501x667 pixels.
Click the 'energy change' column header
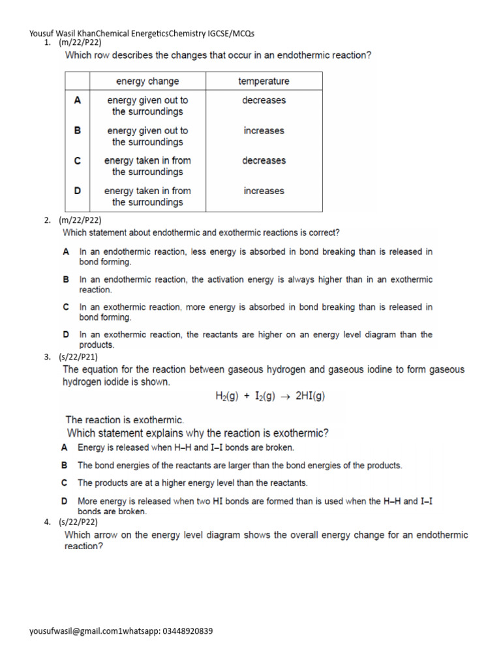(x=147, y=81)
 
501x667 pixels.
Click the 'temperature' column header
(x=264, y=81)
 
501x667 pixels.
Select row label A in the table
(x=78, y=100)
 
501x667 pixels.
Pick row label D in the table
(x=78, y=191)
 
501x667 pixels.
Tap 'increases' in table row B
(x=264, y=131)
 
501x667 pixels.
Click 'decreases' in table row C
(x=264, y=161)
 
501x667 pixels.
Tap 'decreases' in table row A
(x=264, y=100)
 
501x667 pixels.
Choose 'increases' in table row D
(x=264, y=191)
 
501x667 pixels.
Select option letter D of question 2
(x=66, y=334)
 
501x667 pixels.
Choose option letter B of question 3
(x=65, y=466)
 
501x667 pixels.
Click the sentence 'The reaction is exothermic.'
(x=125, y=420)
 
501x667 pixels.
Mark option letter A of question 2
(x=66, y=251)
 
